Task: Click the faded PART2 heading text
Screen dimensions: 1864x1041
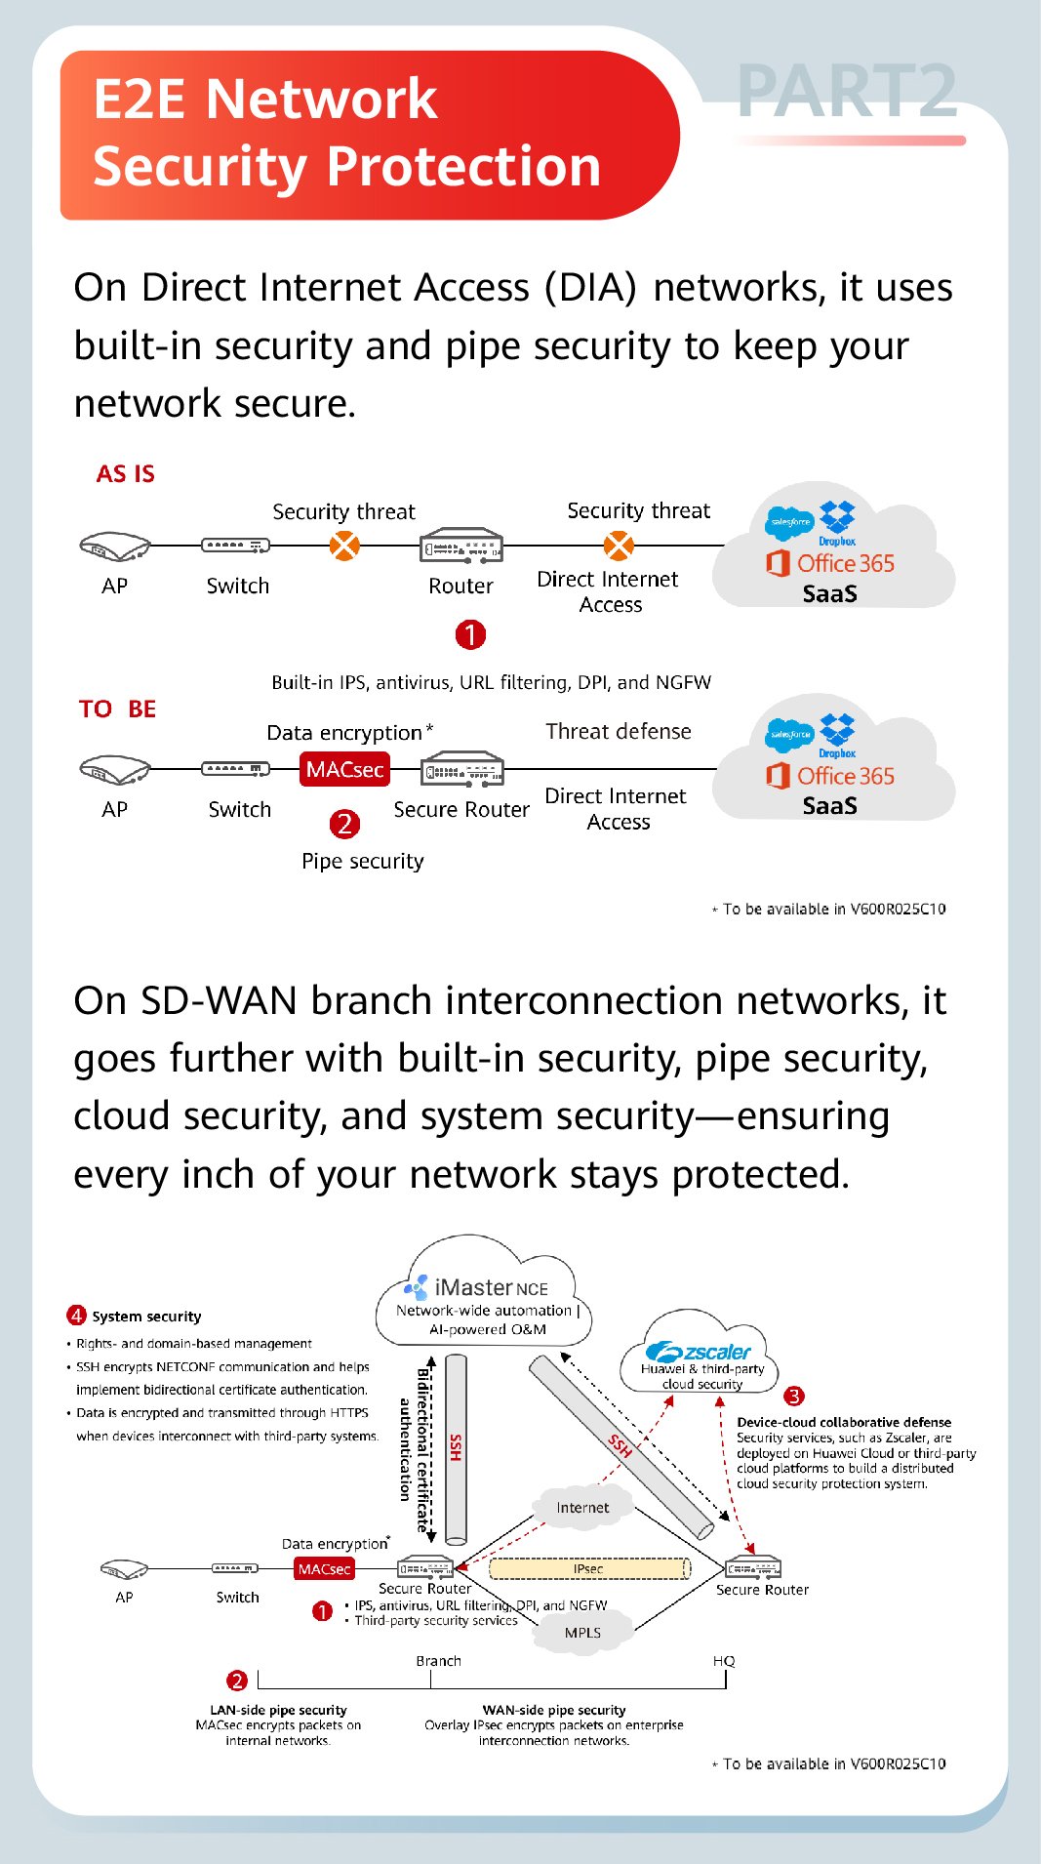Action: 847,92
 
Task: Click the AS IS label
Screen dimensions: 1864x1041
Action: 125,474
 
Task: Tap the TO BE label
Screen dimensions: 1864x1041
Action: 117,709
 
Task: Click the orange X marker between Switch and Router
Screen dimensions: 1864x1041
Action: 344,546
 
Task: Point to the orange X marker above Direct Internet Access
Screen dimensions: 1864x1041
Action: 619,545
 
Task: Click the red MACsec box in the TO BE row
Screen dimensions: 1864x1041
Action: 344,770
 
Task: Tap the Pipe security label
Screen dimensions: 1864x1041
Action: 362,862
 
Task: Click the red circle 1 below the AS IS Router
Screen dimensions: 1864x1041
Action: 470,635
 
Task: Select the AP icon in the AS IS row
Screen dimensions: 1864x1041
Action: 114,547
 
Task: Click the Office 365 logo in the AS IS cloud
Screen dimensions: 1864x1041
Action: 830,563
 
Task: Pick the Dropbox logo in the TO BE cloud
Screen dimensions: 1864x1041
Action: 837,733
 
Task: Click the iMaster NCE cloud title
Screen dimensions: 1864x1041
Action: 490,1287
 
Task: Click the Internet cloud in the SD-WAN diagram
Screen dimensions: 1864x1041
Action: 582,1508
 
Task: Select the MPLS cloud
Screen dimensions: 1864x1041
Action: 582,1633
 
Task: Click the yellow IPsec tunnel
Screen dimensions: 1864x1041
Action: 588,1569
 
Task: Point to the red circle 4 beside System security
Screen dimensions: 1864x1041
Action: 76,1316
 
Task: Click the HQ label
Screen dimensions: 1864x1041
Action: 724,1661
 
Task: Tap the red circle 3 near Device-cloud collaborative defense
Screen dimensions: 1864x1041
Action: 794,1397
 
